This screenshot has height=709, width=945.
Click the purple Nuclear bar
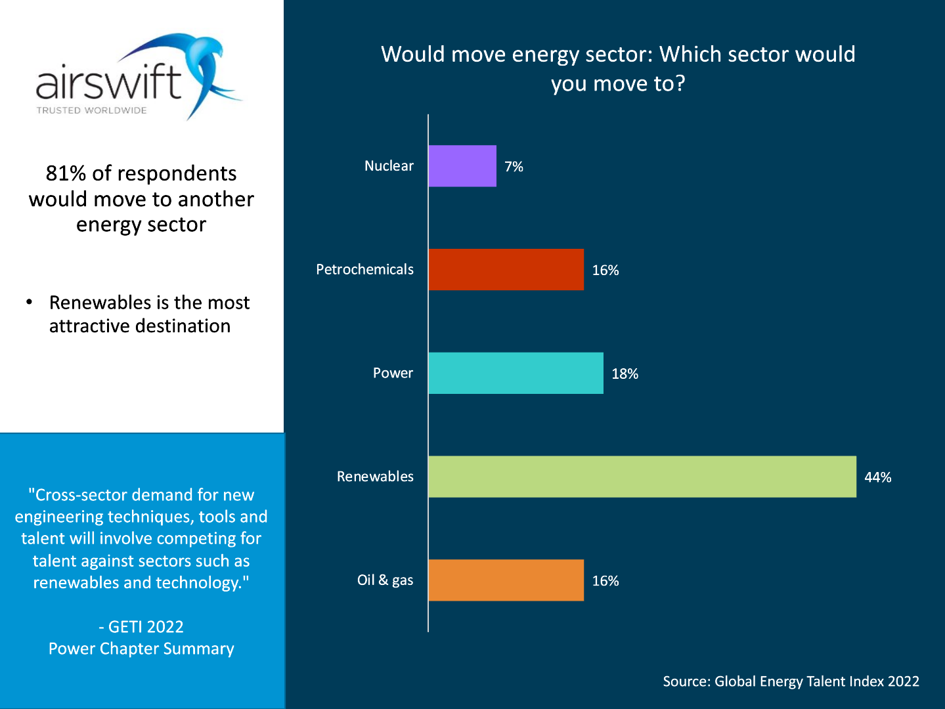[462, 166]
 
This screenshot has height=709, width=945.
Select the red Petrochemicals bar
[506, 270]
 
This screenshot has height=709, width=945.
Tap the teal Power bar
[516, 373]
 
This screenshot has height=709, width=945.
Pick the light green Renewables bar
[642, 477]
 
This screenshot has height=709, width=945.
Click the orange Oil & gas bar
[506, 580]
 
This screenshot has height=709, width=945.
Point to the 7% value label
[514, 167]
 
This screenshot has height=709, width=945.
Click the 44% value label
[877, 477]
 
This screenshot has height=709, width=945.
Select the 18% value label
[625, 374]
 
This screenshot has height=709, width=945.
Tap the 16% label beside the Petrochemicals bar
[605, 270]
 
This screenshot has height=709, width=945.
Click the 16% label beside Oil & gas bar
[605, 581]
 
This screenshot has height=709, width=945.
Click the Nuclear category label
[389, 166]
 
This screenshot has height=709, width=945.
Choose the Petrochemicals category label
[364, 270]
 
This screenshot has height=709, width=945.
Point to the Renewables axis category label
[375, 477]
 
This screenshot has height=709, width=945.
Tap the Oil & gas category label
[385, 580]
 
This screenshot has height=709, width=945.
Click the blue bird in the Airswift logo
[204, 69]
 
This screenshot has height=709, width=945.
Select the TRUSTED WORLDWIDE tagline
[91, 110]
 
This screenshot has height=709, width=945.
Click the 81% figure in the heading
[66, 173]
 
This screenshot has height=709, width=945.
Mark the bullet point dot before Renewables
[30, 302]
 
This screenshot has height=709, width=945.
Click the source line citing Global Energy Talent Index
[791, 681]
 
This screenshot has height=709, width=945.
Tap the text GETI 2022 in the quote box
[145, 627]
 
